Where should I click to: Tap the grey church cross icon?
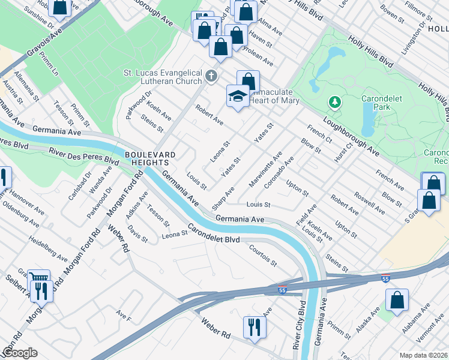coord(210,76)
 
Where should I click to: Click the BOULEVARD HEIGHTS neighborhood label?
coord(150,159)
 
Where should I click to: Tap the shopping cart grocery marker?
coord(38,277)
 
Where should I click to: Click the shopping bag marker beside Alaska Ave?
coord(397,300)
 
